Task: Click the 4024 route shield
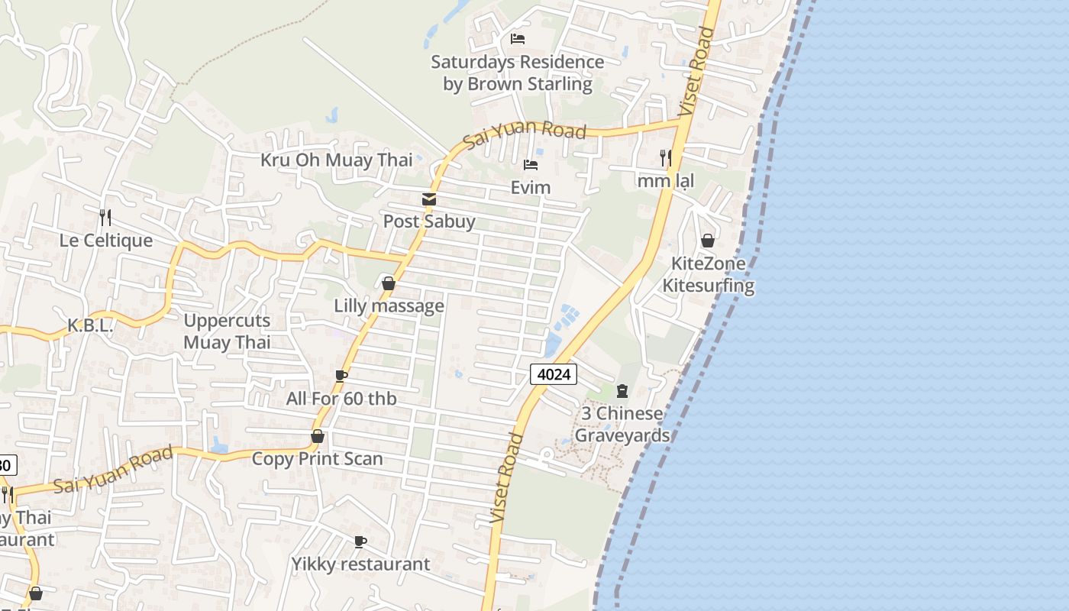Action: [554, 373]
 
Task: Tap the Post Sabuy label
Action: [428, 221]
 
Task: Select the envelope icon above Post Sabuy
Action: [428, 199]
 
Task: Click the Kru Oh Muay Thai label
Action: [336, 160]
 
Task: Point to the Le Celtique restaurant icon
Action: [105, 218]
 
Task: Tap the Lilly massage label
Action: [389, 305]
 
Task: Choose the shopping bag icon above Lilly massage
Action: [388, 284]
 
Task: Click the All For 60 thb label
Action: [341, 398]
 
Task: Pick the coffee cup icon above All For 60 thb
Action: [341, 376]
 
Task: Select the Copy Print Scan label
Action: [317, 458]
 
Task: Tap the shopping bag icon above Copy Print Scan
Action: [317, 436]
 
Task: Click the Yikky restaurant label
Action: [360, 564]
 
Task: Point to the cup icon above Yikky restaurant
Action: [360, 542]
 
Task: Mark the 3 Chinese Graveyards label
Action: [622, 424]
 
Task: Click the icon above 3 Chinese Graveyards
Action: [622, 391]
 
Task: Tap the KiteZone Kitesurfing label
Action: [708, 274]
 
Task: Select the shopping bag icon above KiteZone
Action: [708, 241]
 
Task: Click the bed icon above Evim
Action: [531, 165]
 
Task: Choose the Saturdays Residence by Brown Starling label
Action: [518, 73]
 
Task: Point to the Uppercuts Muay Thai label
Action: [227, 331]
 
